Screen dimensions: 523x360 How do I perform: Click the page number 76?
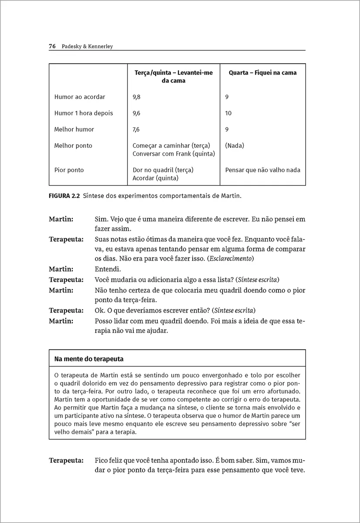(x=52, y=46)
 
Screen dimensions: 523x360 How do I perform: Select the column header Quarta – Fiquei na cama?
(x=262, y=73)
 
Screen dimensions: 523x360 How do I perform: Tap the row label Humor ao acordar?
(x=80, y=97)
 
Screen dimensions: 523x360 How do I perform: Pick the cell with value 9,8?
(x=136, y=97)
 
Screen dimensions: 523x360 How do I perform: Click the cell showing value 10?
(x=228, y=113)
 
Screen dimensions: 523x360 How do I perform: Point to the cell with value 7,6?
(x=136, y=129)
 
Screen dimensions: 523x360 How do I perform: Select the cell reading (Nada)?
(x=234, y=146)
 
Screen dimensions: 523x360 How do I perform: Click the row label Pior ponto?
(x=69, y=170)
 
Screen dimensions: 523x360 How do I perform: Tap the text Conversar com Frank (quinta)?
(x=173, y=153)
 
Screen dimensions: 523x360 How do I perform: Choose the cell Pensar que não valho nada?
(x=262, y=170)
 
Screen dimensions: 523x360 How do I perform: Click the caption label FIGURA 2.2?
(x=64, y=196)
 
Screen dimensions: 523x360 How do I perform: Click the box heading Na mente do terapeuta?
(x=89, y=359)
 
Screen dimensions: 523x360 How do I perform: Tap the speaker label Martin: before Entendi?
(x=61, y=269)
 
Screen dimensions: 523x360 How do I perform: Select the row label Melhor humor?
(x=74, y=129)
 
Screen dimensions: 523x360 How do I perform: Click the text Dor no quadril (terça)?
(x=163, y=170)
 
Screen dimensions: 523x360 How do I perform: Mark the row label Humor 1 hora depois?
(x=83, y=113)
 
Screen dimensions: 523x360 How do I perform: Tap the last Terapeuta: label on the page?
(x=66, y=460)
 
